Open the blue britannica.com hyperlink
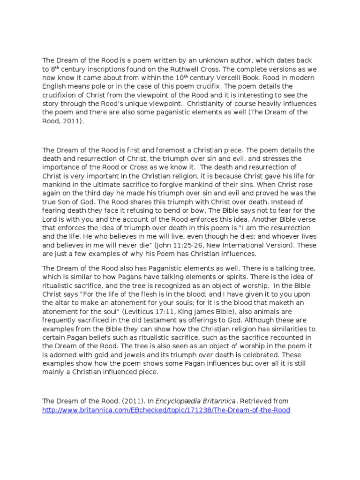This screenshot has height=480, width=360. [166, 410]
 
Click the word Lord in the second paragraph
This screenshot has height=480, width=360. [51, 220]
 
